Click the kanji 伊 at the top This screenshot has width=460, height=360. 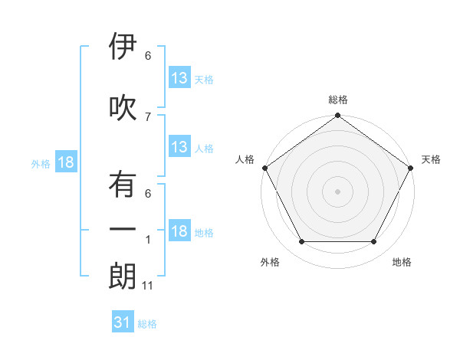pyautogui.click(x=123, y=47)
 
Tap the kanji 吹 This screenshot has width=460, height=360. pyautogui.click(x=123, y=107)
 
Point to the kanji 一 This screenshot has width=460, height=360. pyautogui.click(x=123, y=228)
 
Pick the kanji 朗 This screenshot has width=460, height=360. pyautogui.click(x=123, y=277)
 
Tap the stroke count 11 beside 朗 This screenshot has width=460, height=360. pyautogui.click(x=149, y=286)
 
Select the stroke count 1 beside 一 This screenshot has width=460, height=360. pyautogui.click(x=148, y=240)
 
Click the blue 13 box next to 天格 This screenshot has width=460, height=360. pyautogui.click(x=179, y=78)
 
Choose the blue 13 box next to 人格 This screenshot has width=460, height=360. pyautogui.click(x=179, y=148)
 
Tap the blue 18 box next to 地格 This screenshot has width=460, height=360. pyautogui.click(x=179, y=232)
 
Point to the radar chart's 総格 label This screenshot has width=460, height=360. pyautogui.click(x=337, y=100)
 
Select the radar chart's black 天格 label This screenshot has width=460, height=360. pyautogui.click(x=431, y=159)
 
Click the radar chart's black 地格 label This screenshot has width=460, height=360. pyautogui.click(x=401, y=262)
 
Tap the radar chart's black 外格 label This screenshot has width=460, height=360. pyautogui.click(x=270, y=262)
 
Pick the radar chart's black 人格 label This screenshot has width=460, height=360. pyautogui.click(x=245, y=159)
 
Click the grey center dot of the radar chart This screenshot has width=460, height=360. pyautogui.click(x=337, y=191)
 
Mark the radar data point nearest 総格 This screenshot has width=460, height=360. pyautogui.click(x=337, y=116)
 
